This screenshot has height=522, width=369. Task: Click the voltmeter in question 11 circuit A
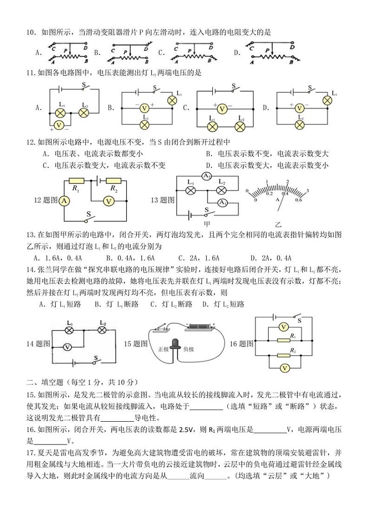(x=59, y=125)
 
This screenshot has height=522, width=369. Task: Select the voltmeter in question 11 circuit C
(x=222, y=109)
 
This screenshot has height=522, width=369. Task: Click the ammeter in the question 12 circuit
(x=64, y=201)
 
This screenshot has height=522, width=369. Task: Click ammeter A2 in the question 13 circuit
(x=207, y=176)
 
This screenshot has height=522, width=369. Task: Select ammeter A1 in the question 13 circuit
(x=223, y=203)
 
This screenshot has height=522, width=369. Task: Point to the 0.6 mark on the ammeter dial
(x=298, y=200)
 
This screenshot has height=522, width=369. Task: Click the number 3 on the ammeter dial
(x=308, y=190)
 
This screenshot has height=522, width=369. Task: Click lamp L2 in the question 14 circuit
(x=103, y=330)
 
